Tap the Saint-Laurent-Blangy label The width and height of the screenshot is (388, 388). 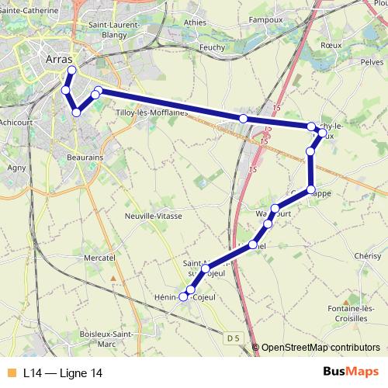[x=115, y=28]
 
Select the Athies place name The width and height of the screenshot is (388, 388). [x=195, y=23]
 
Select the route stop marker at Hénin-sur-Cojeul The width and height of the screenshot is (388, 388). [x=184, y=296]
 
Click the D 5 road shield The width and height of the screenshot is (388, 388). [x=234, y=338]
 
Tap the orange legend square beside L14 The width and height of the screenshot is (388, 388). [x=11, y=373]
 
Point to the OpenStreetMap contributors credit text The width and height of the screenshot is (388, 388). [x=320, y=347]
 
